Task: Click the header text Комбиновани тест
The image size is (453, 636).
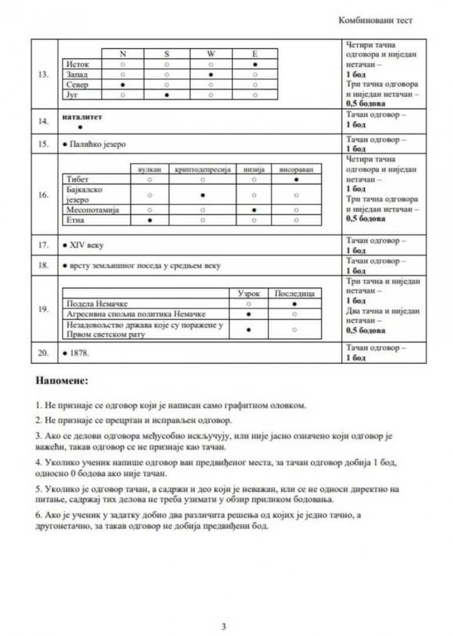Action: pos(375,20)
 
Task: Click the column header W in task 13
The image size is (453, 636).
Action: pos(211,54)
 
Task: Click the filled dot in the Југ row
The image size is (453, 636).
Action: pos(167,95)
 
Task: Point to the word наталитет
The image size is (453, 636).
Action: pos(82,117)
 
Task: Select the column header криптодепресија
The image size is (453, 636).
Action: pos(202,169)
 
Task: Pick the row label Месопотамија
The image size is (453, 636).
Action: pos(90,209)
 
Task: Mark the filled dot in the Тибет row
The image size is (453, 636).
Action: pos(297,179)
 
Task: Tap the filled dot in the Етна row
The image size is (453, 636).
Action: pos(149,220)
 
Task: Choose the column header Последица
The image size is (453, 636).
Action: pos(294,293)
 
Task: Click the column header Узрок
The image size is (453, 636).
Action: pos(248,293)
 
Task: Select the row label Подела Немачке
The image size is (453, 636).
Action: pos(95,303)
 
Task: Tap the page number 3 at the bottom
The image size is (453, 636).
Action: pos(224,626)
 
